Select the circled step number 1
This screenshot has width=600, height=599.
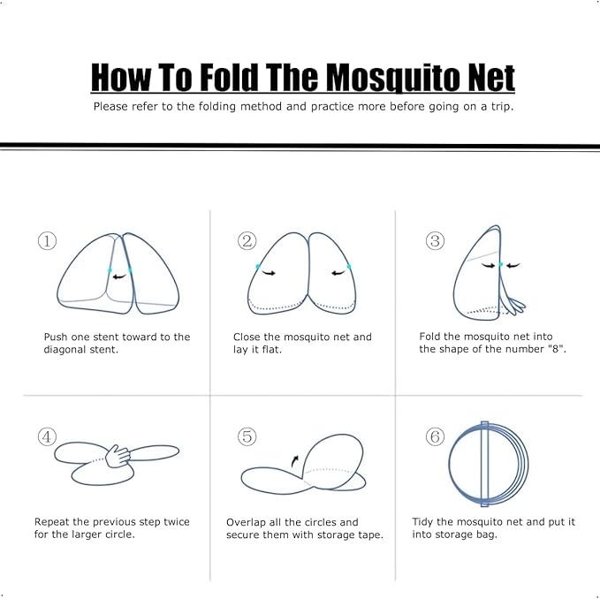[47, 240]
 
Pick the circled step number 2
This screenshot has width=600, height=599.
[247, 240]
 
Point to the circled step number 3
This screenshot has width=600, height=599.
[435, 240]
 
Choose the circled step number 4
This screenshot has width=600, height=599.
[47, 436]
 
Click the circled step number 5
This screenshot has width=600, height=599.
[247, 436]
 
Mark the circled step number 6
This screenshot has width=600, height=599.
[435, 436]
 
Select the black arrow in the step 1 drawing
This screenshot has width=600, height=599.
[119, 276]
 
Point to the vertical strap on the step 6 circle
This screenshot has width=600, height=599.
[484, 464]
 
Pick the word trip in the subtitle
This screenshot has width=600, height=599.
[498, 107]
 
